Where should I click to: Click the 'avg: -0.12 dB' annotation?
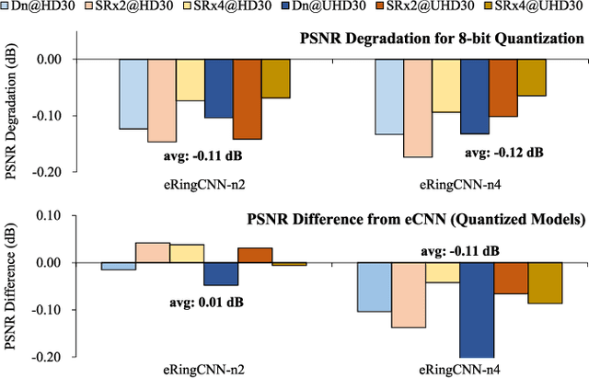pyautogui.click(x=502, y=152)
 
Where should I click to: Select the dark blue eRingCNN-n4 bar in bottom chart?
pyautogui.click(x=477, y=309)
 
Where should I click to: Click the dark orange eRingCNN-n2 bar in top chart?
pyautogui.click(x=247, y=99)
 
